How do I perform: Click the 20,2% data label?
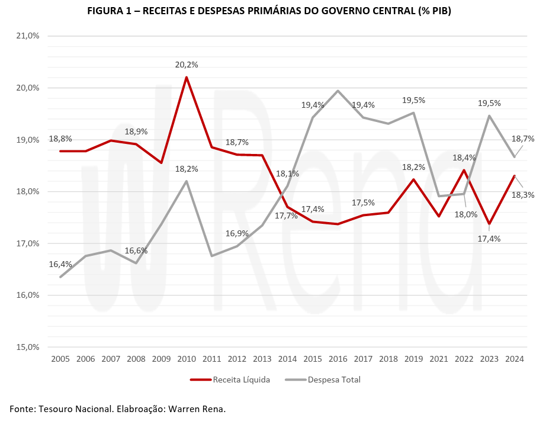coord(187,65)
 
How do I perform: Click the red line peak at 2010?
coord(187,78)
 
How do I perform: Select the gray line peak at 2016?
coord(338,91)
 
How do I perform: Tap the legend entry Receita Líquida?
coord(230,380)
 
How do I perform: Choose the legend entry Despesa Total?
coord(323,380)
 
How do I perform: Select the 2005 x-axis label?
coord(60,359)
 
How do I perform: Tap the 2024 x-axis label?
coord(514,359)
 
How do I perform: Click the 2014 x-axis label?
coord(287,359)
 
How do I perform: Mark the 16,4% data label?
coord(60,264)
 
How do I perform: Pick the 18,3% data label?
coord(523,194)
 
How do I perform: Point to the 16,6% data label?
coord(136,250)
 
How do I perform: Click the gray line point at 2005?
coord(60,277)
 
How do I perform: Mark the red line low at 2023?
coord(489,224)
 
